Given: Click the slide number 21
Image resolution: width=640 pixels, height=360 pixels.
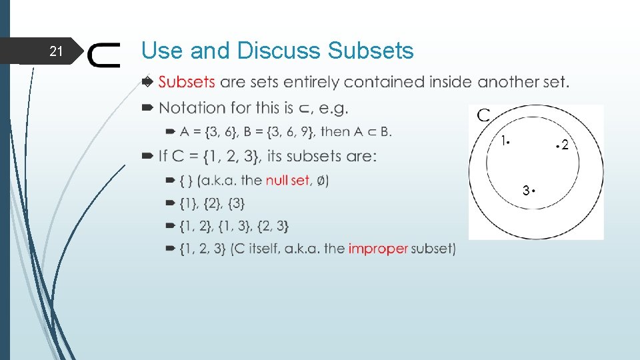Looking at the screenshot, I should (56, 51).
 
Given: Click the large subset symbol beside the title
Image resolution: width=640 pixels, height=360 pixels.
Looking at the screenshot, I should (104, 55).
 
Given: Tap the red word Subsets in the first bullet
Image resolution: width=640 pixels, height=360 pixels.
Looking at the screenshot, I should (187, 83).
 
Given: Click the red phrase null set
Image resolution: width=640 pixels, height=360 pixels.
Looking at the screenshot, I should (287, 180).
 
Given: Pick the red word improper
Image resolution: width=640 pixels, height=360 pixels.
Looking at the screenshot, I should (377, 249).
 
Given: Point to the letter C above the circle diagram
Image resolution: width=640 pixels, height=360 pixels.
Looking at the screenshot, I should (483, 115).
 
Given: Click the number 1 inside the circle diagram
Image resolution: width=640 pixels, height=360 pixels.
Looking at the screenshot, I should (505, 141).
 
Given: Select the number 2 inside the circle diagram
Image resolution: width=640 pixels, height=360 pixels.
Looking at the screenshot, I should (565, 145).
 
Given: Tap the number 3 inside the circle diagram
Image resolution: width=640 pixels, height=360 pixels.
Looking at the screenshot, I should (526, 191).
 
